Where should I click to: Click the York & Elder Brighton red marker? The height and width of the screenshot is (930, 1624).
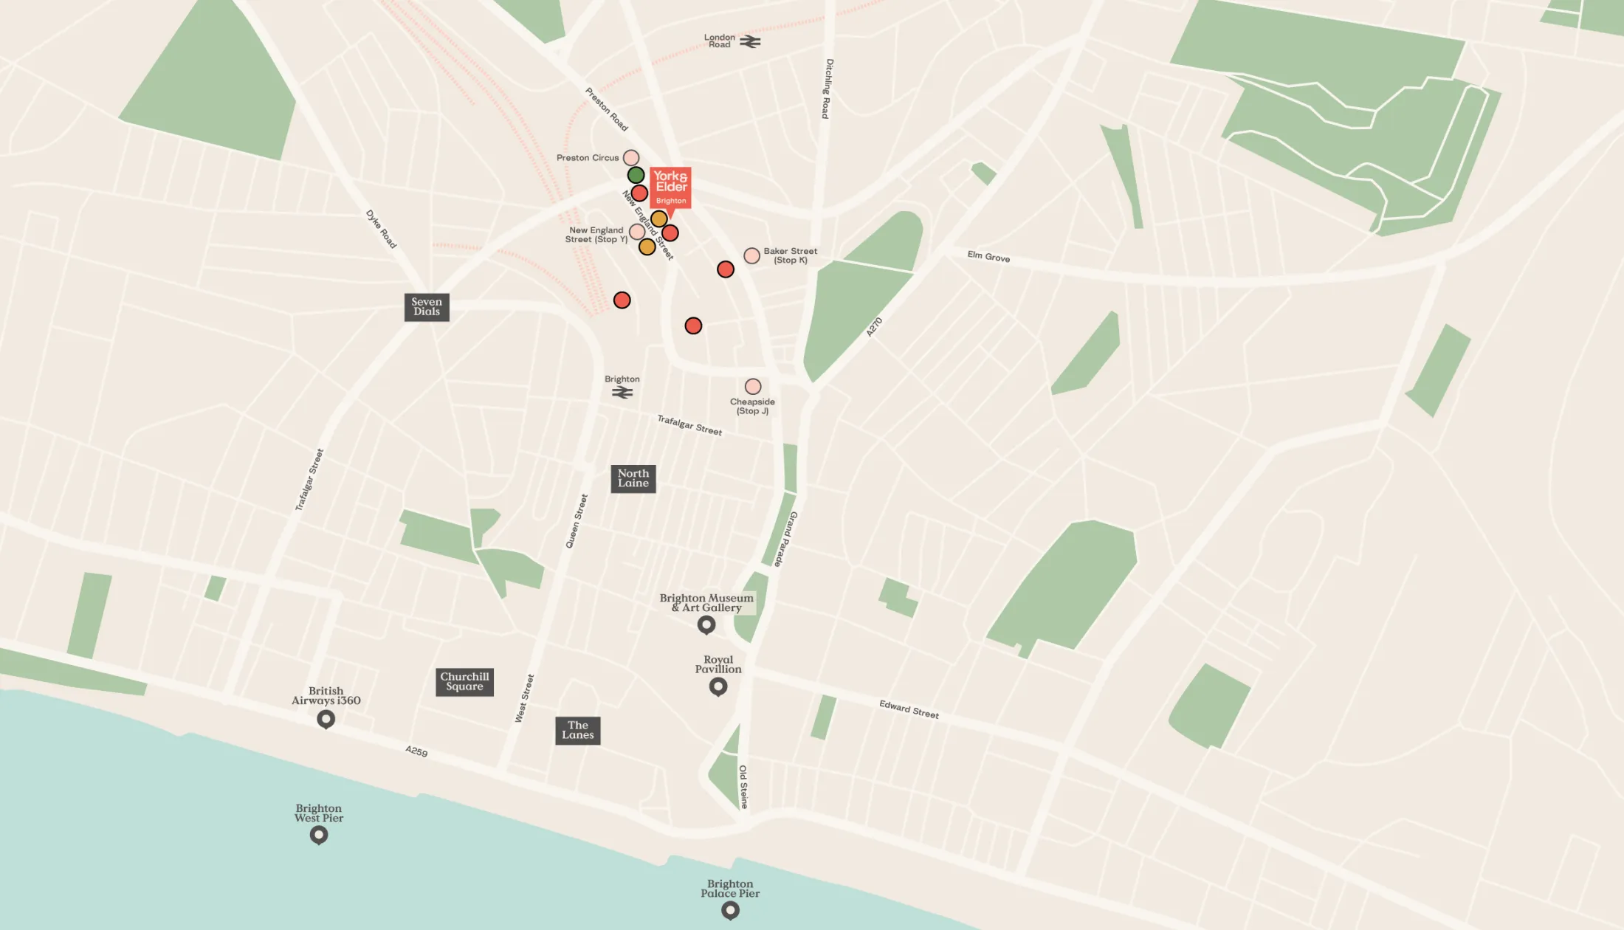click(670, 187)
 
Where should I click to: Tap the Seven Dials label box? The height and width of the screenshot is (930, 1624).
click(427, 307)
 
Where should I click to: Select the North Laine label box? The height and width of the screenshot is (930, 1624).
click(633, 478)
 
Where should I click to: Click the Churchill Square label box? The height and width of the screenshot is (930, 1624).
click(464, 682)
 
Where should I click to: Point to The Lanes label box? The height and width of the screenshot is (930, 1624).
click(577, 731)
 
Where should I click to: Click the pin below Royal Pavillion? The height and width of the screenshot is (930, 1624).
click(718, 687)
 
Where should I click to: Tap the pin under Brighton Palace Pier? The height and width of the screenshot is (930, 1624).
click(730, 911)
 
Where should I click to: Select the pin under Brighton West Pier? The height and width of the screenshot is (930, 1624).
click(319, 835)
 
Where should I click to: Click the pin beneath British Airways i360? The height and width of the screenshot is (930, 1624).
click(326, 719)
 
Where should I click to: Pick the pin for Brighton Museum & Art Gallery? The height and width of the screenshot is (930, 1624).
click(706, 625)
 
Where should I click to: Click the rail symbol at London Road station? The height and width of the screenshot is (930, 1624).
click(751, 42)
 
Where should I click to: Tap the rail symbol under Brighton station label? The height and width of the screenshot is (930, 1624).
click(622, 393)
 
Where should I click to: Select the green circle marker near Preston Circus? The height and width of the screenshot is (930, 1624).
click(636, 175)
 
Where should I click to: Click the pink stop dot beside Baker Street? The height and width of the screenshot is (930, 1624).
click(751, 255)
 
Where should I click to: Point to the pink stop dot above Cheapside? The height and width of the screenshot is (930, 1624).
click(753, 387)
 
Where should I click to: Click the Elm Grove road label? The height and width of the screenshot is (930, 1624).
click(988, 256)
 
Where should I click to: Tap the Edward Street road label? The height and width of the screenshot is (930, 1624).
click(909, 709)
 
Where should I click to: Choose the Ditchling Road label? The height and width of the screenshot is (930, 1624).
click(828, 89)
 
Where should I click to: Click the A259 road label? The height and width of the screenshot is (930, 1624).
click(416, 751)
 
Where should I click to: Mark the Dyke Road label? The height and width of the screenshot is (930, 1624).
click(381, 229)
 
